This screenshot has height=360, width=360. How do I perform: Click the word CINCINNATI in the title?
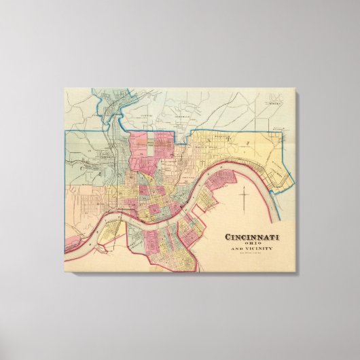pyautogui.click(x=255, y=237)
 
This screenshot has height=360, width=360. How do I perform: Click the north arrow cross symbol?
pyautogui.click(x=243, y=199)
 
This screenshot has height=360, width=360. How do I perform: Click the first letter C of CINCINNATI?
pyautogui.click(x=228, y=237)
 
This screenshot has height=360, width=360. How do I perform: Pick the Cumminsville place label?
pyautogui.click(x=102, y=118)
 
